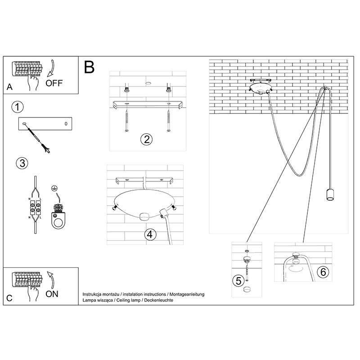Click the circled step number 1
(x=17, y=107)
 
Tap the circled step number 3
(x=21, y=163)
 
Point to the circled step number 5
(x=239, y=281)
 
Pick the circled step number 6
(x=322, y=272)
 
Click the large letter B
(x=89, y=67)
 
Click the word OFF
(x=54, y=83)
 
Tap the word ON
(x=52, y=295)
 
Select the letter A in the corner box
(x=9, y=86)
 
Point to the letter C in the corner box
(x=9, y=298)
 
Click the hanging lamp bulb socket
(x=328, y=195)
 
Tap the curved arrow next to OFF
(x=50, y=67)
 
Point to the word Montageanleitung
(x=187, y=294)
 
